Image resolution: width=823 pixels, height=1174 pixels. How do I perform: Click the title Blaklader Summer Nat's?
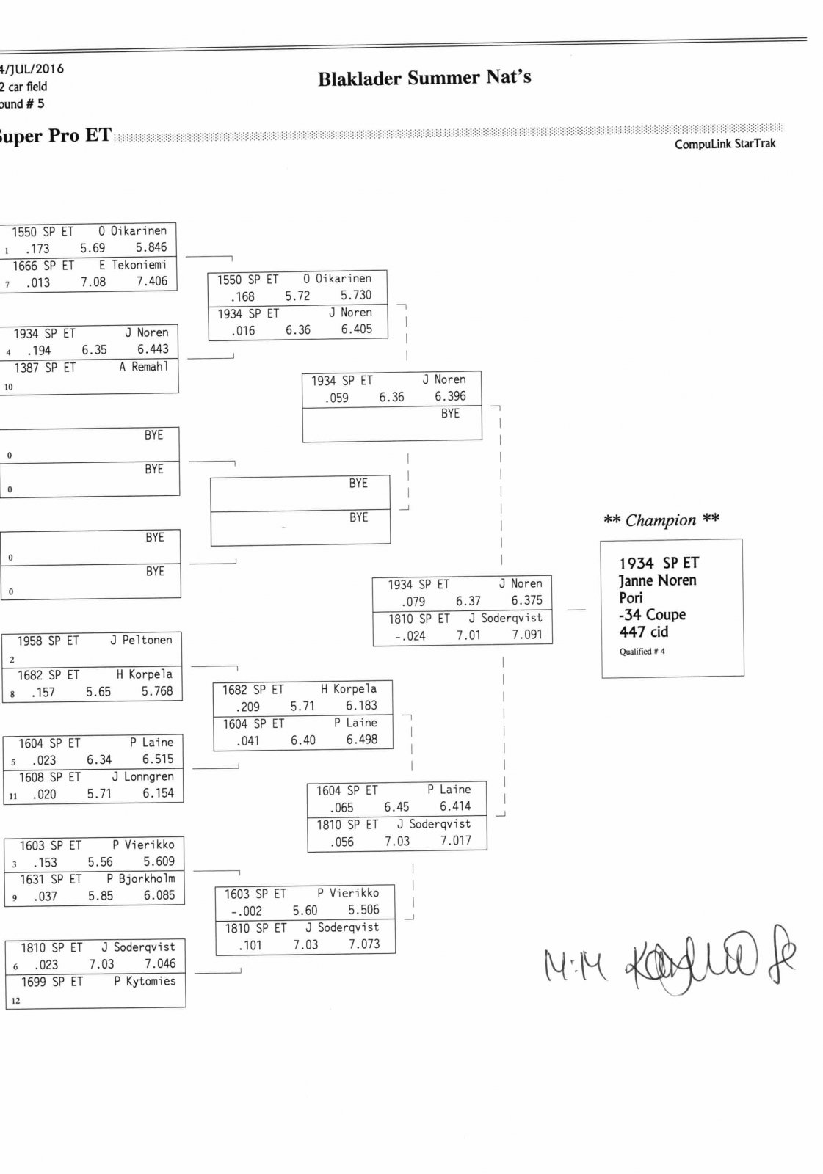tap(424, 78)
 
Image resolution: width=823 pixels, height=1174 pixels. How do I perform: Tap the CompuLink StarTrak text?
tap(725, 144)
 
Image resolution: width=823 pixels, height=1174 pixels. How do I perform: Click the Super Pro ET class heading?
tap(55, 136)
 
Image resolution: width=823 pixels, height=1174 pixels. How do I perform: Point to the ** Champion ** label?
tap(661, 520)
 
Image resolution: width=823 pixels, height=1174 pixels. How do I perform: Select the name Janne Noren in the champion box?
tap(657, 580)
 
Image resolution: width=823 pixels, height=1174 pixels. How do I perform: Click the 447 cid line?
tap(643, 632)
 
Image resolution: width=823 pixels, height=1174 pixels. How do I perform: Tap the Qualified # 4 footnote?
tap(642, 652)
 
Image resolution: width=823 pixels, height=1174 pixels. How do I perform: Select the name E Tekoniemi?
tap(133, 265)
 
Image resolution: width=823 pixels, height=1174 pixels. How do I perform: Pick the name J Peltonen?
tap(141, 641)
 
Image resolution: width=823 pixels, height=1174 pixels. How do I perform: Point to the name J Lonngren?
tap(142, 776)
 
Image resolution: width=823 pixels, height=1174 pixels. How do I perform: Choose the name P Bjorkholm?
tap(140, 878)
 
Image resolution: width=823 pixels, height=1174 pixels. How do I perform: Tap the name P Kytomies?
tap(145, 981)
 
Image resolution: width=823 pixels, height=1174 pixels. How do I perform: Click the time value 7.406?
tap(151, 281)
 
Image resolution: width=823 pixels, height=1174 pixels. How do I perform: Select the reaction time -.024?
tap(410, 636)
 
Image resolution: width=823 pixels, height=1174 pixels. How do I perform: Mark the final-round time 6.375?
tap(526, 600)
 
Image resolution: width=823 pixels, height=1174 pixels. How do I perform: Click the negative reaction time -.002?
tap(246, 911)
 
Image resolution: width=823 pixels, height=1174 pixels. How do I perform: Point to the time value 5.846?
tap(151, 248)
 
